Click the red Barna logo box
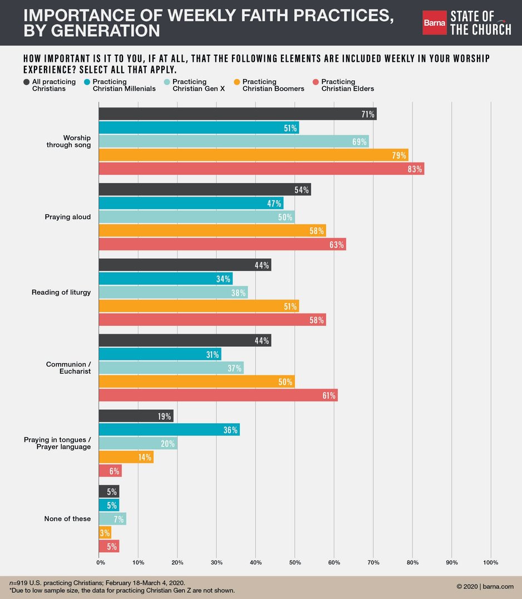[434, 23]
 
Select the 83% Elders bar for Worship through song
[262, 168]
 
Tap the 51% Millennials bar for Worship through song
[199, 127]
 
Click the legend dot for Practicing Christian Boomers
[236, 82]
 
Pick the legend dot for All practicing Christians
[27, 82]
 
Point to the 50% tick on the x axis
[295, 563]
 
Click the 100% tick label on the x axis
[491, 563]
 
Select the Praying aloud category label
[68, 217]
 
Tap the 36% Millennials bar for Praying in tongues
[169, 430]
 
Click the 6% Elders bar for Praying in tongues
[110, 470]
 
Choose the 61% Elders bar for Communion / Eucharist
[218, 395]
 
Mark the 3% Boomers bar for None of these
[105, 533]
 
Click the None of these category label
[67, 519]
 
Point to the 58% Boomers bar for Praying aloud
[212, 230]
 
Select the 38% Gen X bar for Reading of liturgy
[173, 292]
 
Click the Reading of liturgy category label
[61, 292]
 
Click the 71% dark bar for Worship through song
[238, 114]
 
